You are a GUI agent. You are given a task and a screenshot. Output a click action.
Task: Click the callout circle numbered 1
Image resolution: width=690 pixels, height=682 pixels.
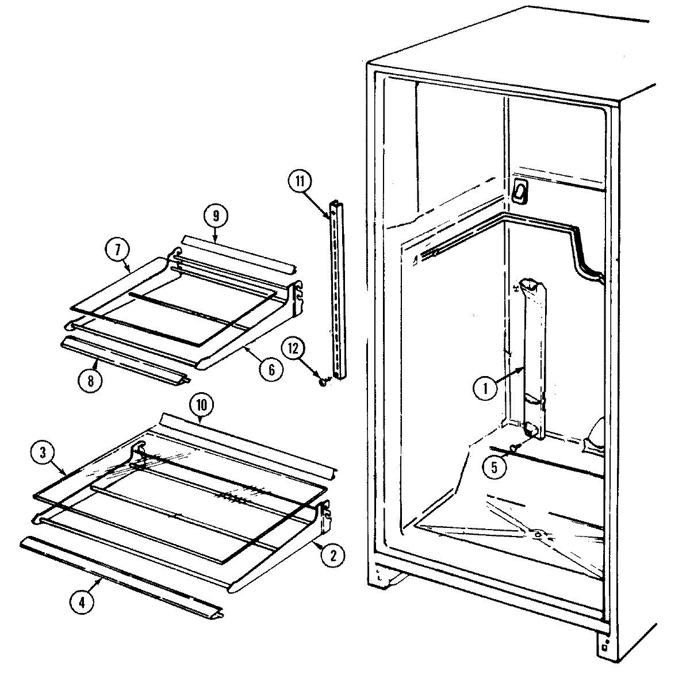coord(485,389)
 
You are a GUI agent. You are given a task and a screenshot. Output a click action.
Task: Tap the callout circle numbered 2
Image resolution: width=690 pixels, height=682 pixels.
coord(333,555)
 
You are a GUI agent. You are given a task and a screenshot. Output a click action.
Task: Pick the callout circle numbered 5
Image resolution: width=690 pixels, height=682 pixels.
coord(496,466)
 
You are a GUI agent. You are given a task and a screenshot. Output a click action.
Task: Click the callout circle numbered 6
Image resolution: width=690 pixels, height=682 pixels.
coord(271,370)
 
